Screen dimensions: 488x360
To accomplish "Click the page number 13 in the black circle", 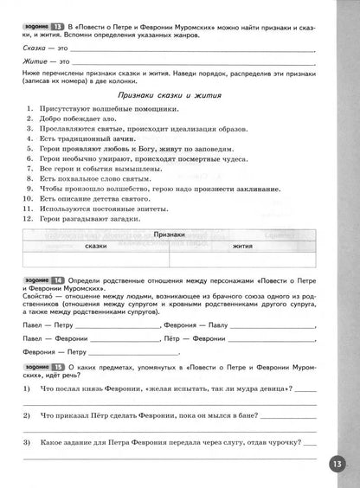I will click(x=337, y=464).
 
